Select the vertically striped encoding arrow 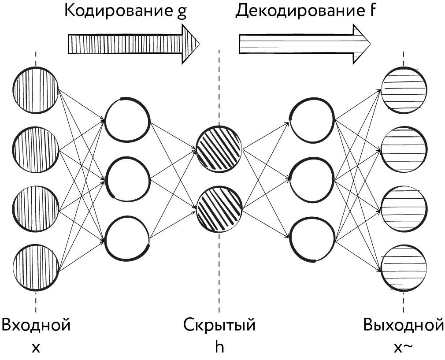pos(134,44)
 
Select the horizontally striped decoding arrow pos(305,44)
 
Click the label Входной pos(36,325)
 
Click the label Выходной pos(403,325)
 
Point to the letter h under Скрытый pos(219,346)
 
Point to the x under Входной pos(36,348)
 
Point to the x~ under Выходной pos(403,348)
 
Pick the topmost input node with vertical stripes pos(36,90)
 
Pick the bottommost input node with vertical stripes pos(36,267)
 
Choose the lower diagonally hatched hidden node pos(219,209)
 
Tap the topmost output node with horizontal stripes pos(404,90)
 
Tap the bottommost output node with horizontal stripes pos(404,267)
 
